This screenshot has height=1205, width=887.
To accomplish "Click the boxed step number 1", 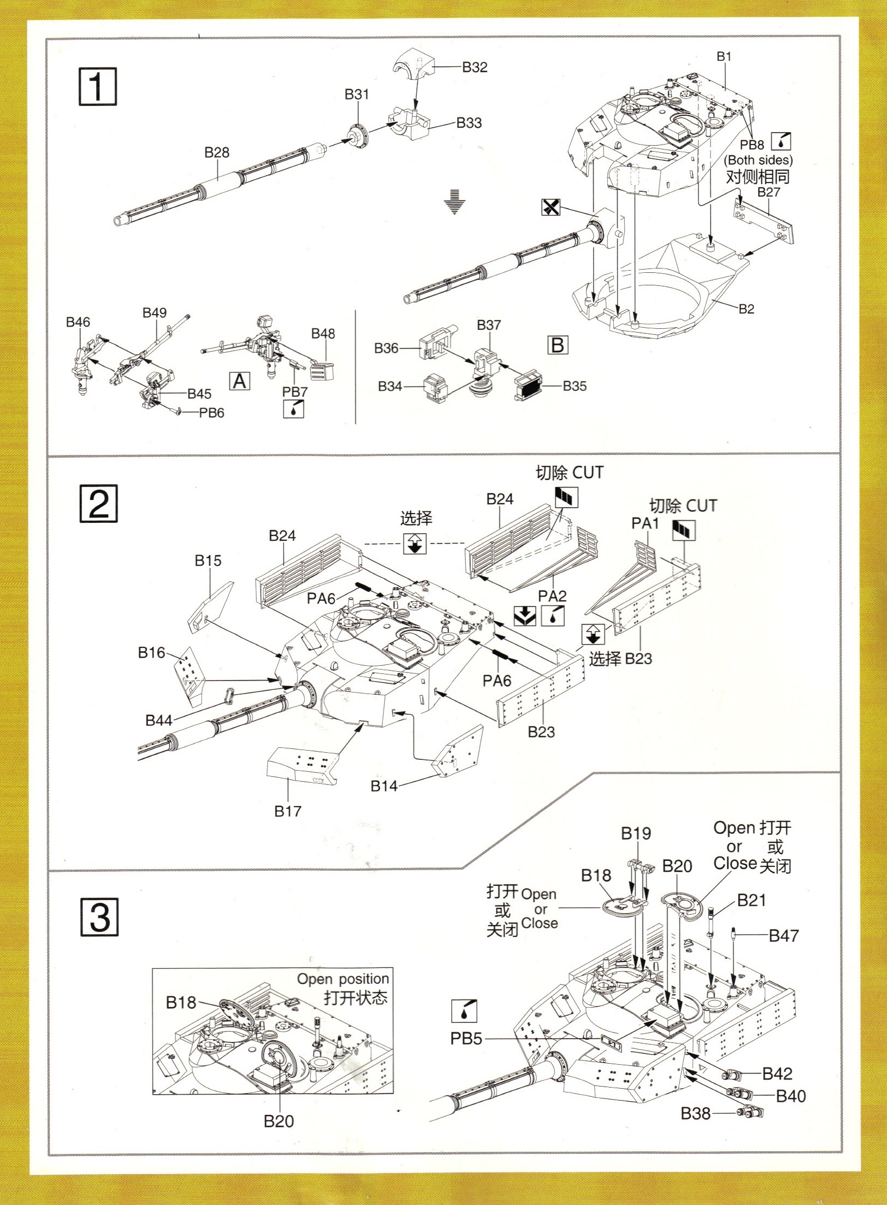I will pyautogui.click(x=97, y=86).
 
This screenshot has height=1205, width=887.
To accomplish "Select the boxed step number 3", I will pyautogui.click(x=99, y=917).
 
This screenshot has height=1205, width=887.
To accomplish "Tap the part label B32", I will pyautogui.click(x=475, y=67).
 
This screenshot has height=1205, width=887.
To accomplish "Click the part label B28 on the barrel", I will pyautogui.click(x=217, y=153).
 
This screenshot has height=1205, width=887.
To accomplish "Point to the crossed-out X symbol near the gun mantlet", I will pyautogui.click(x=551, y=207).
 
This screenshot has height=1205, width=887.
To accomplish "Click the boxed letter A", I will pyautogui.click(x=240, y=381).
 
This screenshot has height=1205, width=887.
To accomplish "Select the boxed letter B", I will pyautogui.click(x=558, y=345).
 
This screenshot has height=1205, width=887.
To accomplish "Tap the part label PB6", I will pyautogui.click(x=211, y=413).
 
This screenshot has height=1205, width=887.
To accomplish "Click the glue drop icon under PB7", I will pyautogui.click(x=293, y=409).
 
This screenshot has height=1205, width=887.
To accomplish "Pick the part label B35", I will pyautogui.click(x=574, y=386).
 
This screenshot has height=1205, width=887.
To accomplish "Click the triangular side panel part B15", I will pyautogui.click(x=211, y=605).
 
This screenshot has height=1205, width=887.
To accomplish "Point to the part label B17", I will pyautogui.click(x=287, y=811).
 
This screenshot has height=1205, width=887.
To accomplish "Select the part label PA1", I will pyautogui.click(x=645, y=523).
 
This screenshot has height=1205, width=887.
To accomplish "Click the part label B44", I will pyautogui.click(x=159, y=721).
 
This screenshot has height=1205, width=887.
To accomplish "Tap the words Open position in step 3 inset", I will pyautogui.click(x=343, y=979).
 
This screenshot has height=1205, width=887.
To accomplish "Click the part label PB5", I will pyautogui.click(x=466, y=1039).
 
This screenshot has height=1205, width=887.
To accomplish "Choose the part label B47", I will pyautogui.click(x=783, y=935).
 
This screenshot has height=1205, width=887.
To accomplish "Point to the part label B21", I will pyautogui.click(x=751, y=900).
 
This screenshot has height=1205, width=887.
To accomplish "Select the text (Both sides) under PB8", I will pyautogui.click(x=758, y=160).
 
